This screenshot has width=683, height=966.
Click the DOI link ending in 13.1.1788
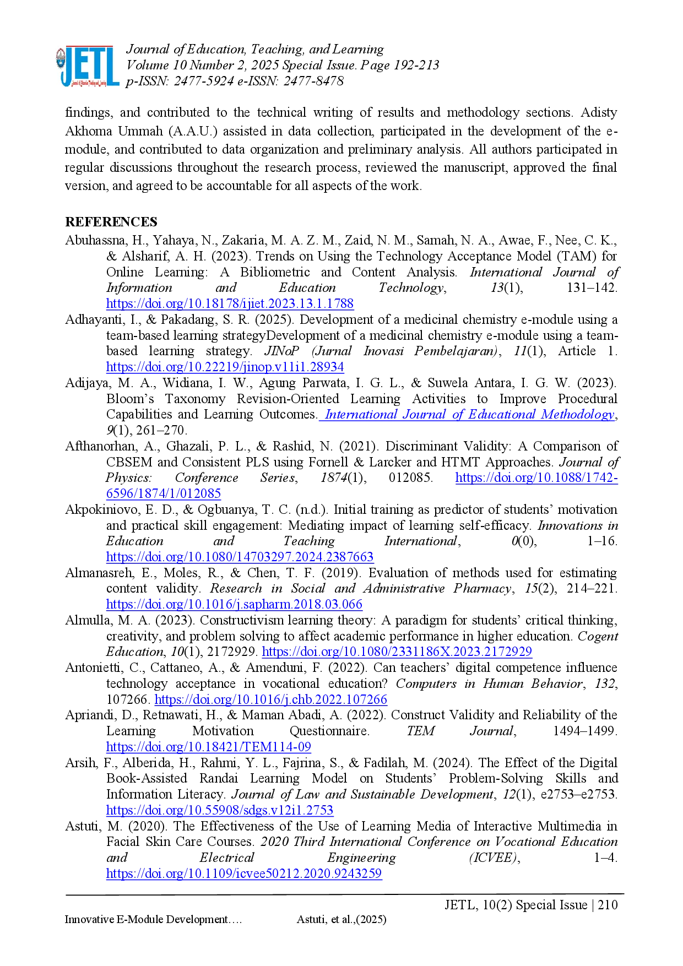pyautogui.click(x=230, y=304)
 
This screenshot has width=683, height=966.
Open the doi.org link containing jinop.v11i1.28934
pyautogui.click(x=226, y=367)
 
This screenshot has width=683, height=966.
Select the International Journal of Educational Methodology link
pyautogui.click(x=467, y=414)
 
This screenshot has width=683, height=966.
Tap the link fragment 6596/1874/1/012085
pyautogui.click(x=163, y=493)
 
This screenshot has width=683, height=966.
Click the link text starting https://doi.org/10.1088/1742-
pyautogui.click(x=537, y=477)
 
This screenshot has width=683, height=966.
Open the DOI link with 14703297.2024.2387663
pyautogui.click(x=240, y=556)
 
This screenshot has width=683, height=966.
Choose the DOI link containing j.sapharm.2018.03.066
pyautogui.click(x=234, y=604)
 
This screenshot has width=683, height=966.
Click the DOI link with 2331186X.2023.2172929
pyautogui.click(x=397, y=652)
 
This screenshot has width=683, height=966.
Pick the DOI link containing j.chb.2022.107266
pyautogui.click(x=271, y=699)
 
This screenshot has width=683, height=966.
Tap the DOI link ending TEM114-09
pyautogui.click(x=209, y=747)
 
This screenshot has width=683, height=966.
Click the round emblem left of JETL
pyautogui.click(x=58, y=59)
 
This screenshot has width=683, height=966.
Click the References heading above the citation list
pyautogui.click(x=110, y=222)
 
